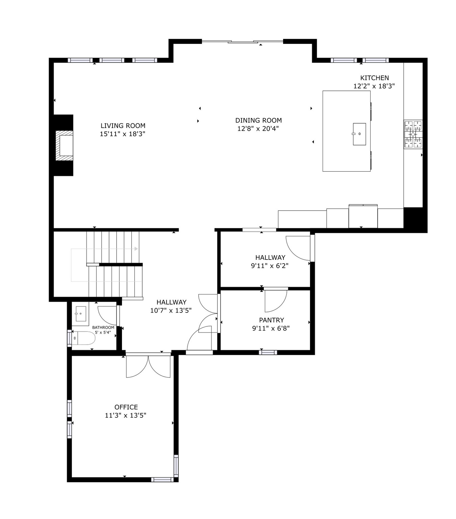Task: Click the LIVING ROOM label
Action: [123, 126]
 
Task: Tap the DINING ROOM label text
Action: [258, 120]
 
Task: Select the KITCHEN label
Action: [374, 78]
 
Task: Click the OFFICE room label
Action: [126, 407]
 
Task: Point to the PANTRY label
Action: [271, 320]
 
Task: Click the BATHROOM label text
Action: [103, 327]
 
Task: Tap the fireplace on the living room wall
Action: [64, 145]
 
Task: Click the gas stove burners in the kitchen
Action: [413, 134]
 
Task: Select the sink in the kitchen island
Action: [359, 134]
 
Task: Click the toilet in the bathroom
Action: [84, 338]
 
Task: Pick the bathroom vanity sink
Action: [80, 314]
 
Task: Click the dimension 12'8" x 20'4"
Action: [258, 129]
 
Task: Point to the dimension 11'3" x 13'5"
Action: [125, 416]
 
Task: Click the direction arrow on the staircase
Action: [136, 249]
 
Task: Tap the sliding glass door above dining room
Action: [242, 42]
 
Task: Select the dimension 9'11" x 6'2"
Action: [270, 266]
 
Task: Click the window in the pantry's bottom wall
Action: [268, 352]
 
